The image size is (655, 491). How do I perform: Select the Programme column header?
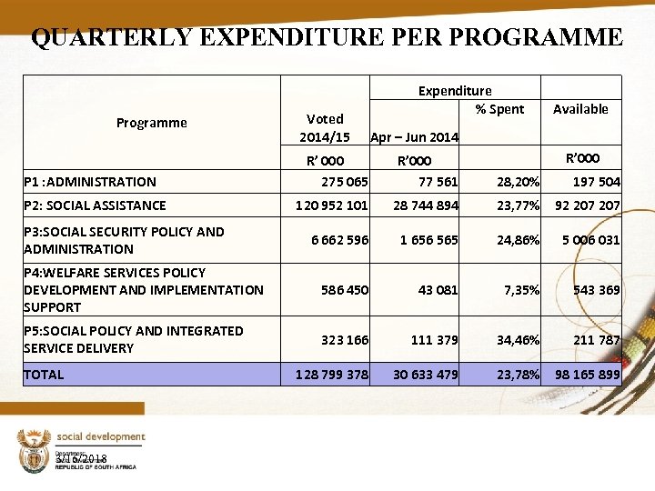(152, 123)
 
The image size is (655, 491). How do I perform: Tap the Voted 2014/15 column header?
(325, 128)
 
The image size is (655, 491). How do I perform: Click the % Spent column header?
(499, 109)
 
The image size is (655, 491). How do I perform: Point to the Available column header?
(580, 109)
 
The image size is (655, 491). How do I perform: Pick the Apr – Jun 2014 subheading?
(414, 137)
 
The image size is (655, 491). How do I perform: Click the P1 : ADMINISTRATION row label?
(90, 182)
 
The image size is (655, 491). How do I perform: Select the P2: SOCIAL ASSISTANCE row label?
(96, 205)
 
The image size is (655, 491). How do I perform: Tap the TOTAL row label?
(45, 374)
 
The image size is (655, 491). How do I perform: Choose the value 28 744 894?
(425, 205)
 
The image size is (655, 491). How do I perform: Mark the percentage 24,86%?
(518, 241)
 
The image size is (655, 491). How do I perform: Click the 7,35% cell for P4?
(521, 290)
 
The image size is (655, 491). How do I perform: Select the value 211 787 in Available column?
(596, 340)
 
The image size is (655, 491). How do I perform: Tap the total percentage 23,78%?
(518, 375)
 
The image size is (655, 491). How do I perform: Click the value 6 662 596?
(339, 241)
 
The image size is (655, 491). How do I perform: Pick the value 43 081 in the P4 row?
(437, 290)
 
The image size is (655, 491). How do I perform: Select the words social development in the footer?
(101, 437)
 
